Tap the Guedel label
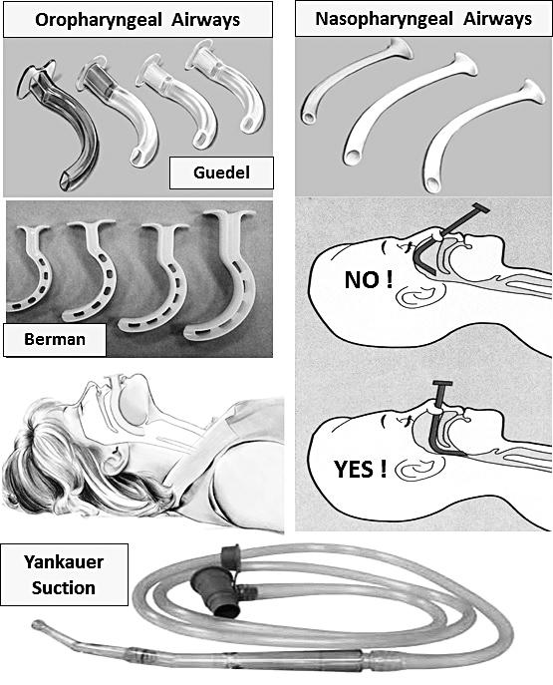[x=221, y=172]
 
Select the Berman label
[x=55, y=339]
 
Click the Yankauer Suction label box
[x=64, y=574]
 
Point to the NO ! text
[x=369, y=280]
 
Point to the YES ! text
[x=361, y=470]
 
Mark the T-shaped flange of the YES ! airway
[x=444, y=385]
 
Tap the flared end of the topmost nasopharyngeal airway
[x=400, y=48]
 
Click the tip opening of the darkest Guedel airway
[x=67, y=180]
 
